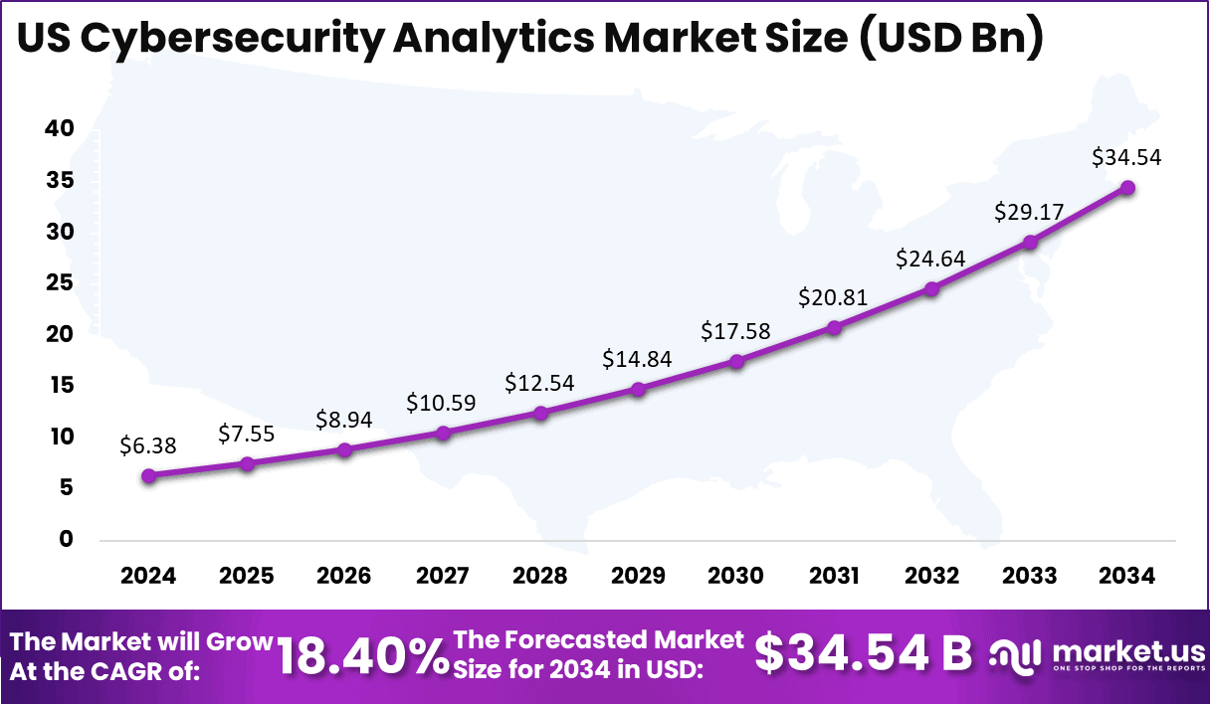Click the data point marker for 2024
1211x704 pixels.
148,475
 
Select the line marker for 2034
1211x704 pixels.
1127,187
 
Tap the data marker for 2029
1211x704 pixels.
638,389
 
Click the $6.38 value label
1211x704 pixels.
148,446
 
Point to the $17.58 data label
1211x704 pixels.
735,330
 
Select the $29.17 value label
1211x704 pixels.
1029,212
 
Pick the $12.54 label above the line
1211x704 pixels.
539,382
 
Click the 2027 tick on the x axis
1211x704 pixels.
442,576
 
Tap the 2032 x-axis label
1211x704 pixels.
931,576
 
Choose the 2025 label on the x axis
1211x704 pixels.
246,576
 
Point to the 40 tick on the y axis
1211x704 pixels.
59,128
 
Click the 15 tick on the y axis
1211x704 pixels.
59,385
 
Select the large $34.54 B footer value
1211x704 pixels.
863,653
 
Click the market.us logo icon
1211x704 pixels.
1015,656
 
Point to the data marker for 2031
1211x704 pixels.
834,327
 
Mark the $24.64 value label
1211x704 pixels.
931,259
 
